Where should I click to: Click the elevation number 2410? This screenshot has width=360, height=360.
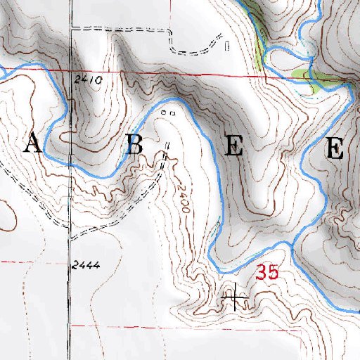(88, 81)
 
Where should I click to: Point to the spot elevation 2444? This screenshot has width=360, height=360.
(86, 265)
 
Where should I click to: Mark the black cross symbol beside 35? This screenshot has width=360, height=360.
(235, 300)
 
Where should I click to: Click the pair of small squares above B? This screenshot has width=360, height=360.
(167, 112)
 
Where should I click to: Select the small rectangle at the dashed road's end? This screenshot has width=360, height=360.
(226, 46)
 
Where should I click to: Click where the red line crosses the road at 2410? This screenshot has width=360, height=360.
(70, 71)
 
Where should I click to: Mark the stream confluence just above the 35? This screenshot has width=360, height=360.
(290, 243)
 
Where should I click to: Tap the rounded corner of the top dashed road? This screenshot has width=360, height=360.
(170, 32)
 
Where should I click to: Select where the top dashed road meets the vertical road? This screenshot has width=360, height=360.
(70, 29)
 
